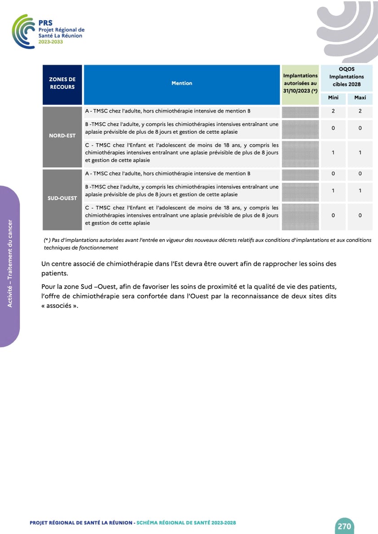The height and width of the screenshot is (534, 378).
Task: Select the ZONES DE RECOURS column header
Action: (x=62, y=83)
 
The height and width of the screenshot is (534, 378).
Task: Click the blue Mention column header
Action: (x=182, y=83)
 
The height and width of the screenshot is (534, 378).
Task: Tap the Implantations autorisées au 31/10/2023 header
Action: (x=300, y=83)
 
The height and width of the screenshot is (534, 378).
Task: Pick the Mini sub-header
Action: (x=333, y=98)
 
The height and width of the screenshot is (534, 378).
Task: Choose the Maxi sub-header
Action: (x=360, y=98)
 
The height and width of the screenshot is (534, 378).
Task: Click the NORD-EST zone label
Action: (x=62, y=136)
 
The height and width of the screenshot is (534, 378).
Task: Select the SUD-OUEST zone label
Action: (x=62, y=198)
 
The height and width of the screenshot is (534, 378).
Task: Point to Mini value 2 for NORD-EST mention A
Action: (x=333, y=111)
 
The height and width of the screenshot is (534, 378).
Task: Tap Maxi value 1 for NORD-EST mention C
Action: (x=360, y=153)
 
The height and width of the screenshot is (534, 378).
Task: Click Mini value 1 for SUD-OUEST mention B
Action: (x=333, y=191)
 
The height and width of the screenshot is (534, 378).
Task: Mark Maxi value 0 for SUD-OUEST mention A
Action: (x=360, y=173)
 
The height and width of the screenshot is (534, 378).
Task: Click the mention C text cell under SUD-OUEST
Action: (x=182, y=215)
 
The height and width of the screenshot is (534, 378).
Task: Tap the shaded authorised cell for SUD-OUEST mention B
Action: (x=300, y=191)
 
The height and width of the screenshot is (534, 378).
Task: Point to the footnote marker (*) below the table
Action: (x=47, y=241)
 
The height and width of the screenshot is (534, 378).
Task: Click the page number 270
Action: (x=344, y=526)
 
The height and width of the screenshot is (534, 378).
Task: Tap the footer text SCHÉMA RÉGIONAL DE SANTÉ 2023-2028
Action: (x=186, y=523)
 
